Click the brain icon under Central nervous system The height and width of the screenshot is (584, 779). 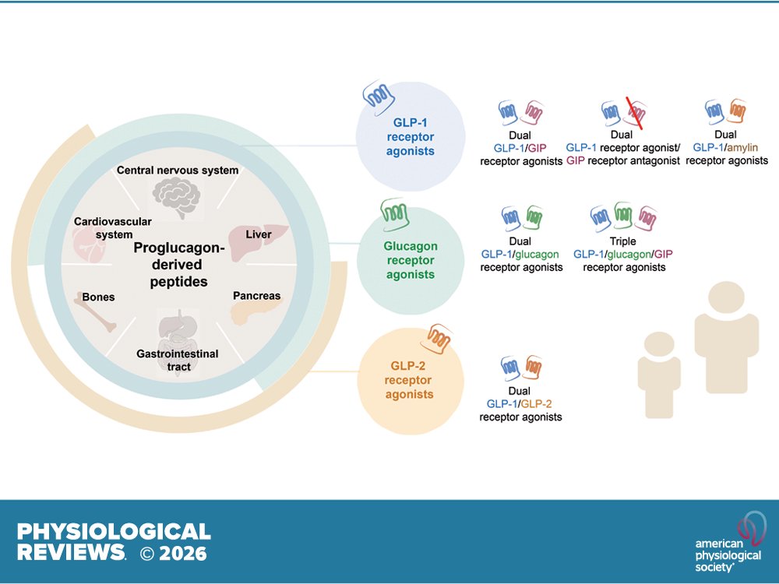178,198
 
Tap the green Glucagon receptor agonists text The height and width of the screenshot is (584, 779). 410,260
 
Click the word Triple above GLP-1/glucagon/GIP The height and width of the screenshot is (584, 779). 624,241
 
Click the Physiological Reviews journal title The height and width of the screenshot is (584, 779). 114,542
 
